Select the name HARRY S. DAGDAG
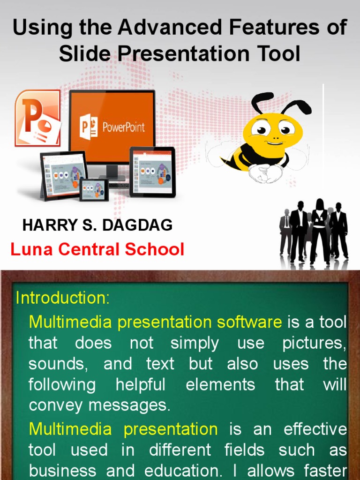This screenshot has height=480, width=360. [97, 225]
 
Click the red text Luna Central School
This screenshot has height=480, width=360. [97, 249]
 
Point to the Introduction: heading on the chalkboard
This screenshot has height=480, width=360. [63, 298]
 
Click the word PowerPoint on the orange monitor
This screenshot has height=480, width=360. [123, 127]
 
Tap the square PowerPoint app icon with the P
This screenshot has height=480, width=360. [37, 118]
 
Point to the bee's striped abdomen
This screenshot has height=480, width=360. [234, 157]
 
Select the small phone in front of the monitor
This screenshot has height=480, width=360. [94, 189]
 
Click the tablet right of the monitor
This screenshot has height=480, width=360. [152, 172]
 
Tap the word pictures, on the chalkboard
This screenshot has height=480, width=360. [315, 343]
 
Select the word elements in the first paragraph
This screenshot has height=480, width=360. [220, 385]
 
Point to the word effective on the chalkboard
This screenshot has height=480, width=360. [315, 429]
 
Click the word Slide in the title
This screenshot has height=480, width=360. [85, 54]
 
